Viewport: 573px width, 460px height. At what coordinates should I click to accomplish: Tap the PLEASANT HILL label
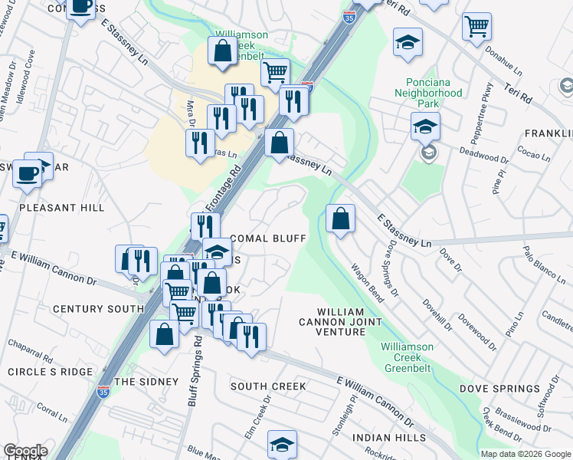coord(61,208)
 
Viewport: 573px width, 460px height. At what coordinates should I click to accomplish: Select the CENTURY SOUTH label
coord(97,309)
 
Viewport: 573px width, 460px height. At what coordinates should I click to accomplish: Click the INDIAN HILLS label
coord(388,438)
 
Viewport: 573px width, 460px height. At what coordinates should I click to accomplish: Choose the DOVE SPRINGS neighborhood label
coord(499,389)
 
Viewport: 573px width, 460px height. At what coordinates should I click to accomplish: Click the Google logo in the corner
coord(25,451)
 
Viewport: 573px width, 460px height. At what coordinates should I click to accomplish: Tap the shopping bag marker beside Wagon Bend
coord(340,218)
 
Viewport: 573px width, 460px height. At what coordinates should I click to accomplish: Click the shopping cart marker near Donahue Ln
coord(476,27)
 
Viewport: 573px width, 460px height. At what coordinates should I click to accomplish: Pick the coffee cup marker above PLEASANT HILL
coord(28,173)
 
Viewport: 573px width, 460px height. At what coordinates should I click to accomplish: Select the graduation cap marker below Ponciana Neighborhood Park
coord(424,126)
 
